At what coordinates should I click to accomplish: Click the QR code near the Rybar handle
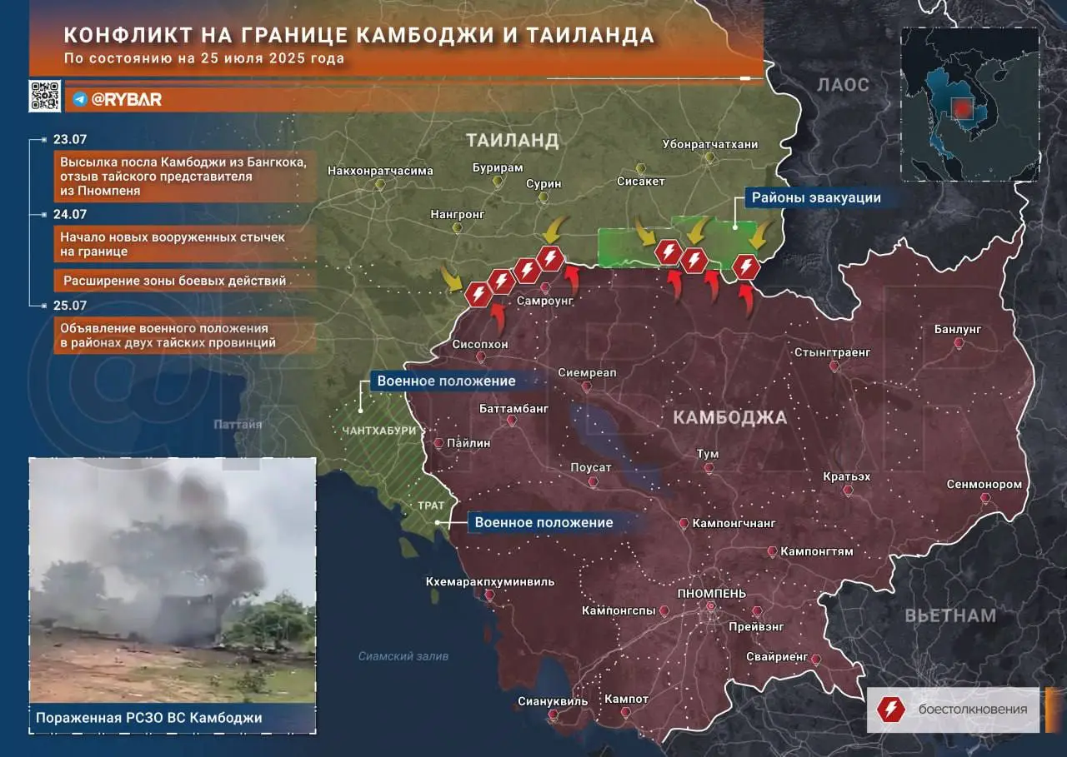point(44,96)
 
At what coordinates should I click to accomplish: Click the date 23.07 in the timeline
point(70,141)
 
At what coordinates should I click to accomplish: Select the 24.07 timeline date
point(70,214)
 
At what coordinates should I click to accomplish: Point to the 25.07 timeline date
point(70,306)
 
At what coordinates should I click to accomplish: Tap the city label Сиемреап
point(587,373)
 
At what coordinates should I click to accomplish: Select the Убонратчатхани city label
point(710,144)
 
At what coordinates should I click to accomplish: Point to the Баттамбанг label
point(514,409)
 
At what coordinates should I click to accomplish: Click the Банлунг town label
point(958,330)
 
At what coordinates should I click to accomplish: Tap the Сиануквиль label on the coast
point(553,701)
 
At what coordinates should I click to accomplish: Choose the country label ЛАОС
point(843,85)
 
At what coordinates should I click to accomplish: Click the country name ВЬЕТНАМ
point(950,616)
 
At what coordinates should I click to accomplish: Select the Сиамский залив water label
point(403,656)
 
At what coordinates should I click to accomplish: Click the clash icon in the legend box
point(890,709)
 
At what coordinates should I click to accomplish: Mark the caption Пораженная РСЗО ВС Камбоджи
point(149,718)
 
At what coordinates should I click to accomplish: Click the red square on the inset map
point(963,108)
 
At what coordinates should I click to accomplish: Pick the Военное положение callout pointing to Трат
point(544,523)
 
